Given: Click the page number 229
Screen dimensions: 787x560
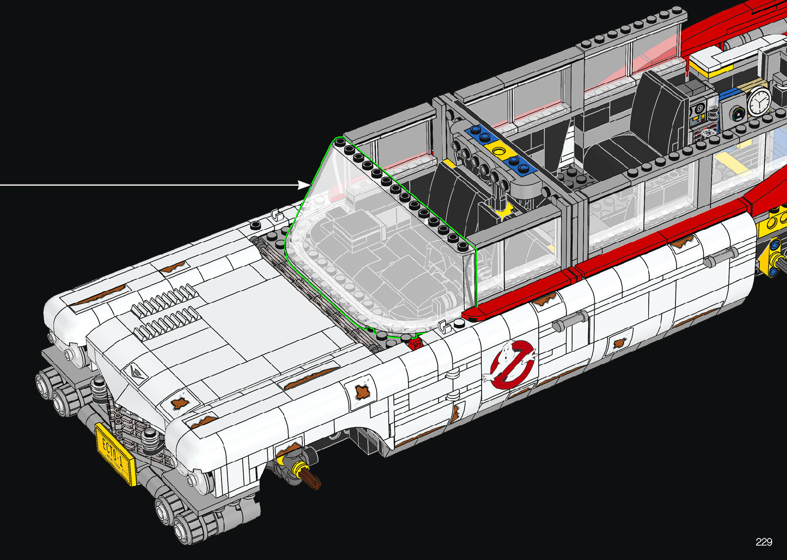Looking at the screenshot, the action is (x=764, y=541).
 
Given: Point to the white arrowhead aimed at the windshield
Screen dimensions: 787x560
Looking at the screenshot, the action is (x=304, y=185).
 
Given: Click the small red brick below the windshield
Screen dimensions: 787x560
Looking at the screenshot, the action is (x=416, y=343).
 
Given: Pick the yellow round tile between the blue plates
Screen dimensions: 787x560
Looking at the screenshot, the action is (x=498, y=151).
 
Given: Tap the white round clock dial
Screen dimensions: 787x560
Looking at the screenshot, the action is (x=759, y=101).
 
